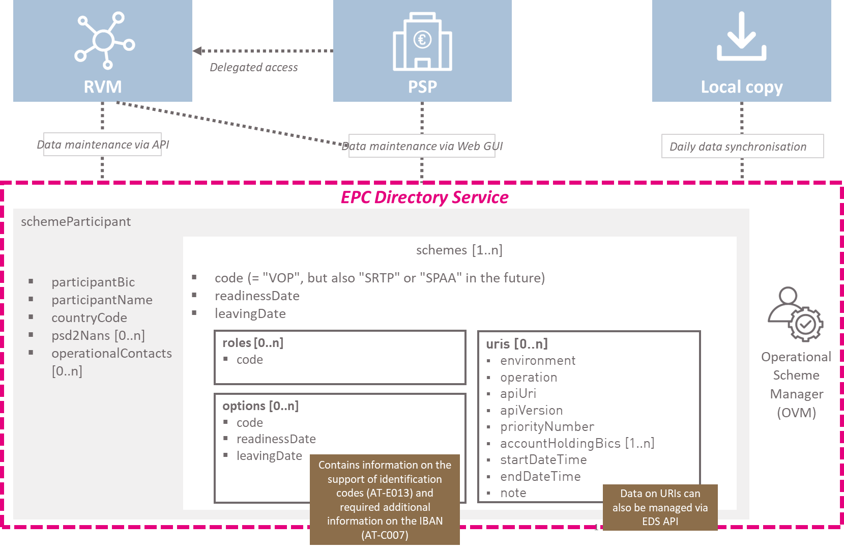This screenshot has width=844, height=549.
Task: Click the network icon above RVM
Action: click(x=104, y=41)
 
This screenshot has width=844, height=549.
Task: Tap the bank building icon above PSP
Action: click(x=422, y=41)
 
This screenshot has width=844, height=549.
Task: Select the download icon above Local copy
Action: click(x=742, y=36)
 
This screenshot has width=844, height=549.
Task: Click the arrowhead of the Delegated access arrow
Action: click(x=197, y=51)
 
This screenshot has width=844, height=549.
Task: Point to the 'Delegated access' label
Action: click(x=253, y=68)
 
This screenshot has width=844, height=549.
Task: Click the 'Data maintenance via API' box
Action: click(x=102, y=145)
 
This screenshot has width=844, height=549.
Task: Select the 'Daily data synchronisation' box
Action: click(x=742, y=146)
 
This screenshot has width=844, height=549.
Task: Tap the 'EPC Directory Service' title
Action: click(x=425, y=197)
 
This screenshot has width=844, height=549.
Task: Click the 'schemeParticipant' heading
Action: click(x=76, y=221)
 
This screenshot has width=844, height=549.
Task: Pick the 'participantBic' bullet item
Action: click(x=93, y=282)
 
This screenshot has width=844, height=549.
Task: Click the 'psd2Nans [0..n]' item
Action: click(x=98, y=335)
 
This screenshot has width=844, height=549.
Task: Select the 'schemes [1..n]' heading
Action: click(x=459, y=250)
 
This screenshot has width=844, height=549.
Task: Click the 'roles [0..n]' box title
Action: click(x=253, y=343)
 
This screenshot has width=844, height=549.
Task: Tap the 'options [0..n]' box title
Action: click(x=260, y=406)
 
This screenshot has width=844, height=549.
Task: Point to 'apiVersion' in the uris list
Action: click(x=531, y=410)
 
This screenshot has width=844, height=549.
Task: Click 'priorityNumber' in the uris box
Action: click(x=547, y=427)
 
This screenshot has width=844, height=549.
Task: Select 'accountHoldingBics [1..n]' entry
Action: click(x=577, y=444)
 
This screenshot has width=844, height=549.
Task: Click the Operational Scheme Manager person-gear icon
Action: click(x=795, y=314)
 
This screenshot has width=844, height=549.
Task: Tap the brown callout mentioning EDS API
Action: click(x=660, y=508)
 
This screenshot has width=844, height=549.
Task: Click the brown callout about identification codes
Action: click(x=385, y=500)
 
